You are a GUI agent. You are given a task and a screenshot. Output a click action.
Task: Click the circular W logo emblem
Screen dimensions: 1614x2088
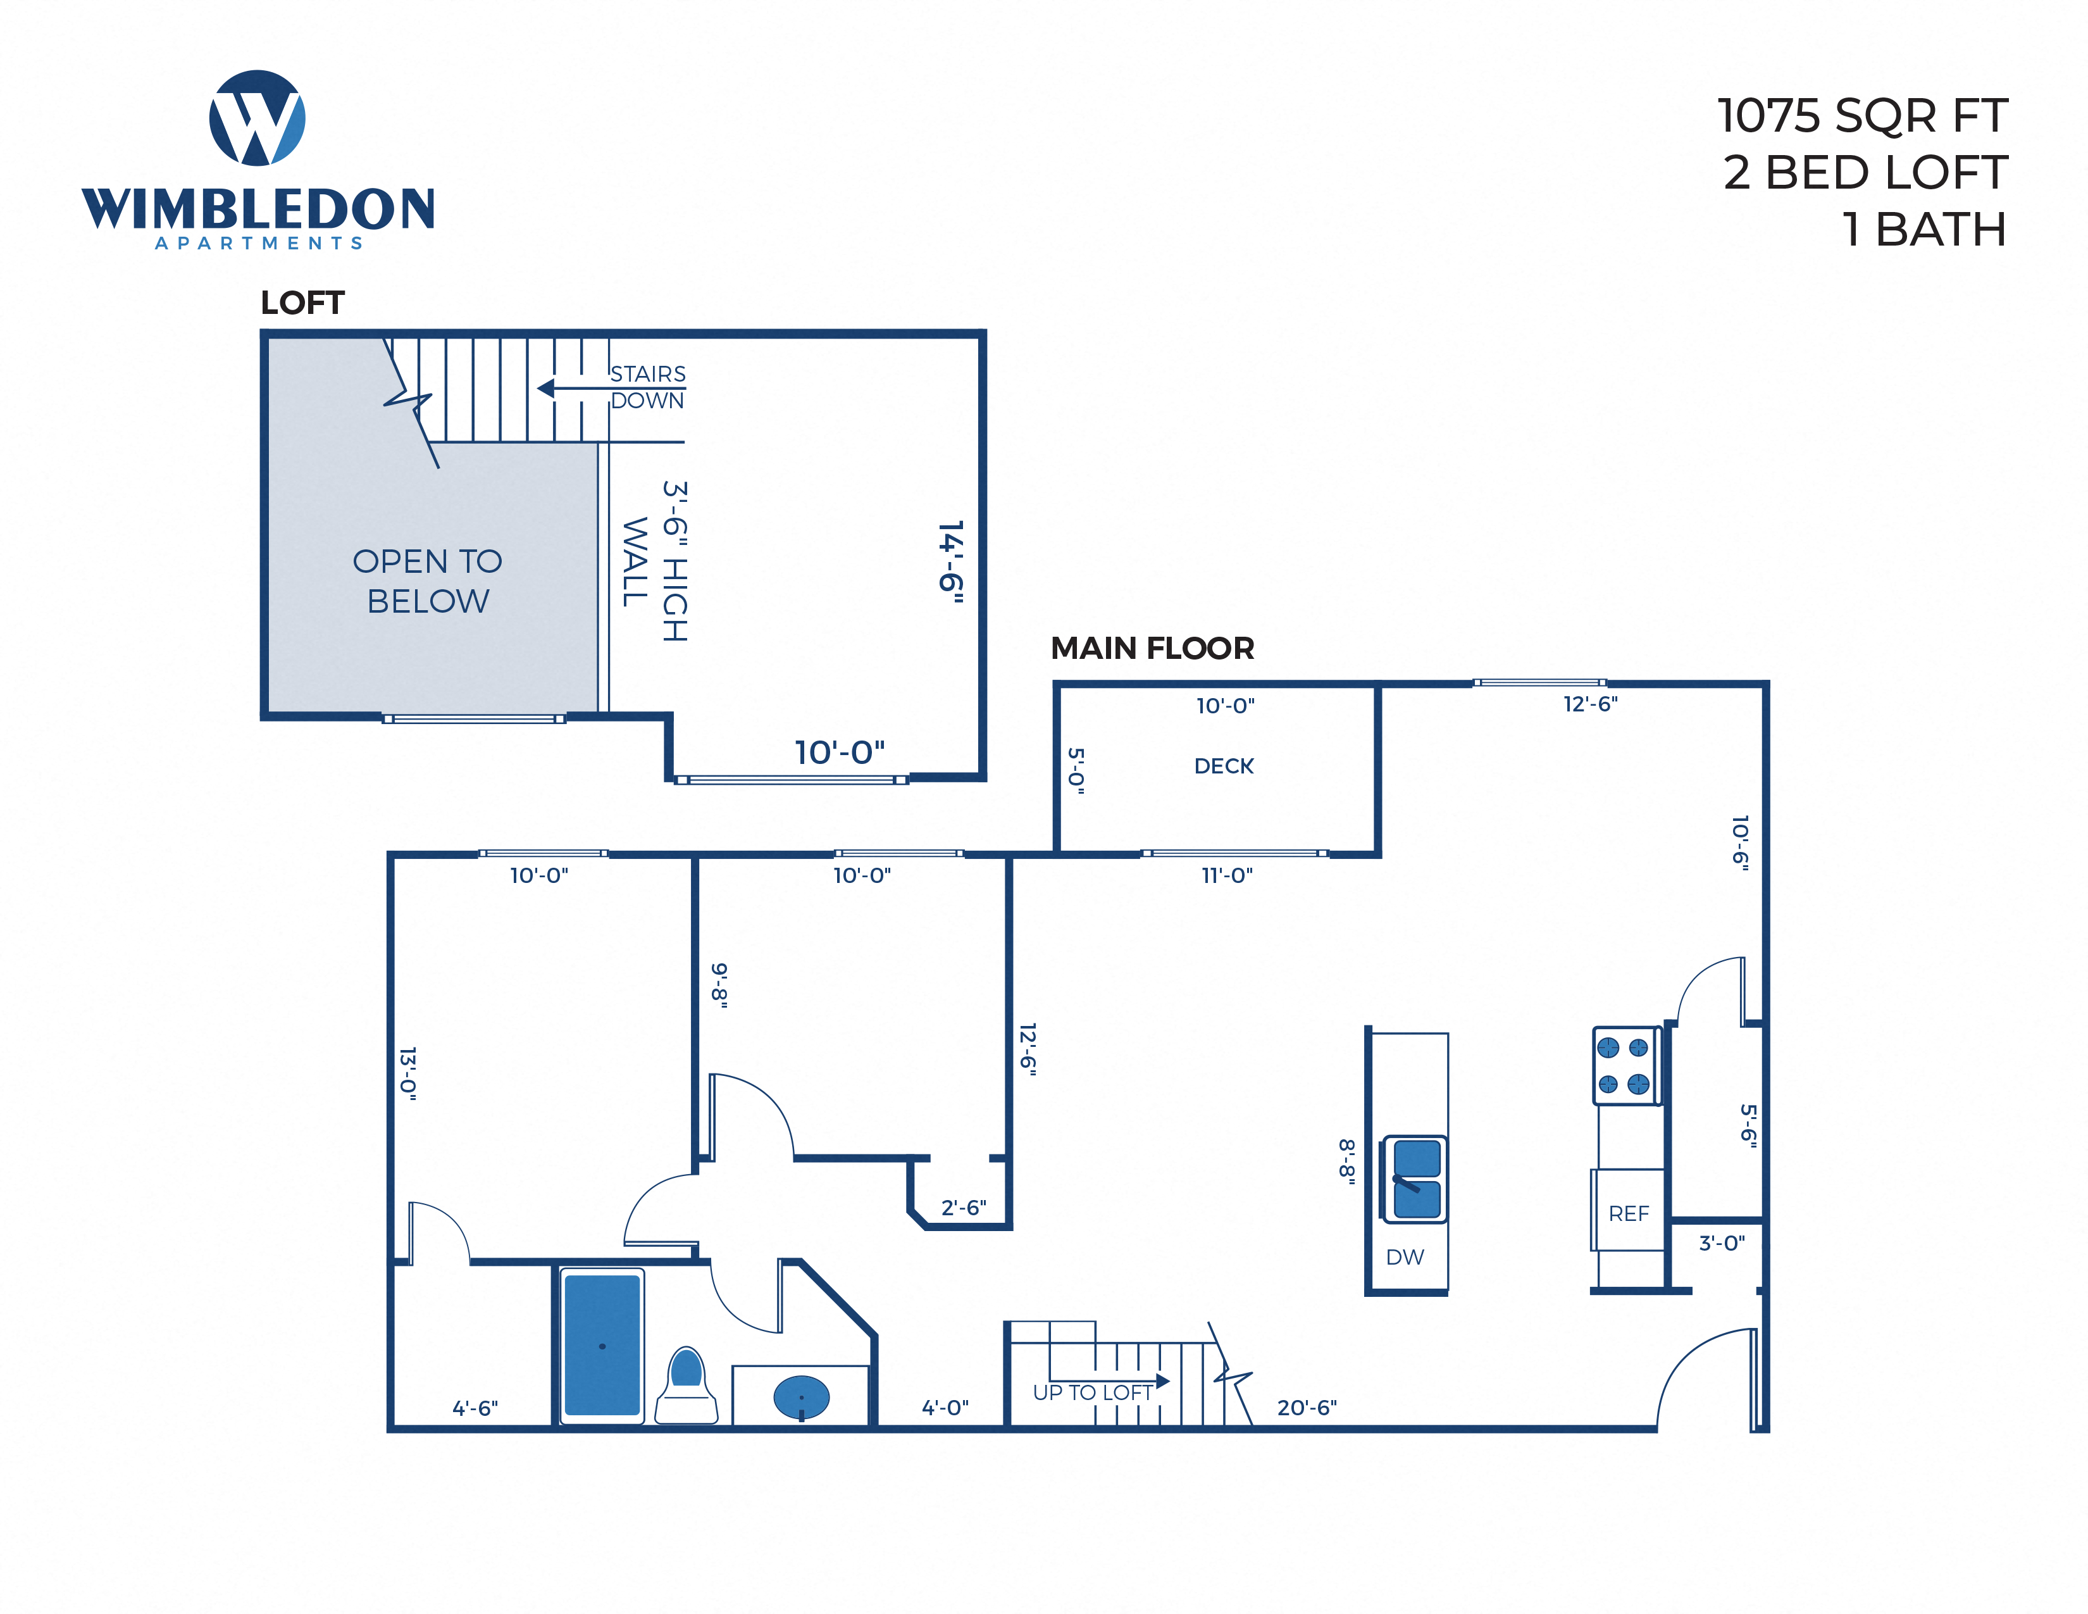257,118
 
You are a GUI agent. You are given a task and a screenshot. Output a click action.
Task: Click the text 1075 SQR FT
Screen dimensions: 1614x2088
1861,116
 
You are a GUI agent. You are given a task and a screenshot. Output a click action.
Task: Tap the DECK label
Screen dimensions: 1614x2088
1224,766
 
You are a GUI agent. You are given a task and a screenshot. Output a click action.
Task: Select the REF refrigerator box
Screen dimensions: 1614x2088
1628,1213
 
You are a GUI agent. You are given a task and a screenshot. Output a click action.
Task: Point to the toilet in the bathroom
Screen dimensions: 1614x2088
687,1386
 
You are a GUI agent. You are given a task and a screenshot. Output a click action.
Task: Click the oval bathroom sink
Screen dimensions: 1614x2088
801,1398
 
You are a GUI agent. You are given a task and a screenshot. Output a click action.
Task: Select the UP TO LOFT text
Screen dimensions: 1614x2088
1092,1392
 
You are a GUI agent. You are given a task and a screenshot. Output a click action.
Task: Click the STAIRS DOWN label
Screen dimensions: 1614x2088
647,387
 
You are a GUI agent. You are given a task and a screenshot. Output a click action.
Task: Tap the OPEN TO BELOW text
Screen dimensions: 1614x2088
427,580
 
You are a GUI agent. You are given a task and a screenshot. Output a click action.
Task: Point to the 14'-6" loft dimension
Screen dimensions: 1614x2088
950,561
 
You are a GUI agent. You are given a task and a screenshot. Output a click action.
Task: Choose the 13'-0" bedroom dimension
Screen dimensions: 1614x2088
408,1073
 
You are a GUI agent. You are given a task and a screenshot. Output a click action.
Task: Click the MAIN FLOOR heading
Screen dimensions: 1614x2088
1152,648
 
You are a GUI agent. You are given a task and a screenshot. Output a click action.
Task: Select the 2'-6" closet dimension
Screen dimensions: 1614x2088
963,1208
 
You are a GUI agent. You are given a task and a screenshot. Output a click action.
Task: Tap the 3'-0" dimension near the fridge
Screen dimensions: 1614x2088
1721,1243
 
